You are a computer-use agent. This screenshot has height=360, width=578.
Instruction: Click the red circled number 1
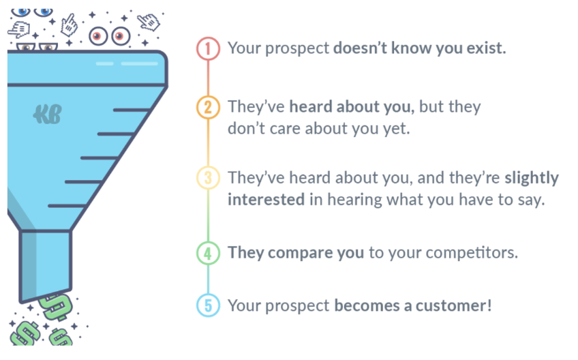(208, 48)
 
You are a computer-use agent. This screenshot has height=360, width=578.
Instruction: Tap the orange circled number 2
(208, 107)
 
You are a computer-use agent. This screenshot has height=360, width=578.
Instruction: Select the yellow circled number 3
(208, 178)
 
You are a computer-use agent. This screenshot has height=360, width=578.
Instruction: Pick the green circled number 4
(208, 253)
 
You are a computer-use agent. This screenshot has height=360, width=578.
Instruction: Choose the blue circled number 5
(208, 305)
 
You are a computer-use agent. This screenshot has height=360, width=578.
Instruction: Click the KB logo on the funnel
(47, 115)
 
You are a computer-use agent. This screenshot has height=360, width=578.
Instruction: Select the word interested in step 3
(266, 200)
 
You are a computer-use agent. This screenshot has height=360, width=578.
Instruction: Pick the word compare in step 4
(300, 254)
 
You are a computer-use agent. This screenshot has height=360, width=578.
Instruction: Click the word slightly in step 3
(532, 178)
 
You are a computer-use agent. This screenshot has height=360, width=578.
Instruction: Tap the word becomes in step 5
(367, 305)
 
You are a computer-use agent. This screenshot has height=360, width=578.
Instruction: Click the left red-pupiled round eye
(98, 36)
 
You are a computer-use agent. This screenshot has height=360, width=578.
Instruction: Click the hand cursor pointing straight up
(69, 25)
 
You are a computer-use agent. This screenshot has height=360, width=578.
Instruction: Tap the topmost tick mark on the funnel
(132, 110)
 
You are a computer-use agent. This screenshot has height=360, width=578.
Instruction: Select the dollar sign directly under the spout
(56, 307)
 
